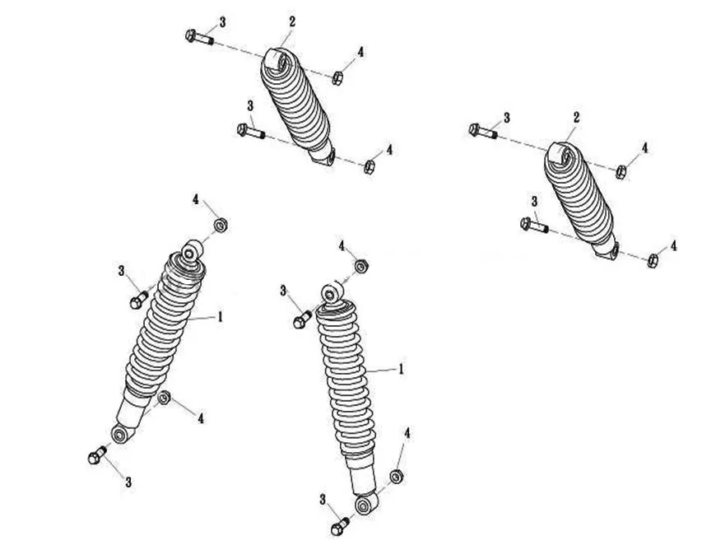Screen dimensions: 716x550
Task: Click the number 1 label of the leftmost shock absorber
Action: pos(220,316)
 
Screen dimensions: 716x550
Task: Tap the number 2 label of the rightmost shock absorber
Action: pos(577,118)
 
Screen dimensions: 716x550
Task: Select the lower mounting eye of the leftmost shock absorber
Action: pos(120,434)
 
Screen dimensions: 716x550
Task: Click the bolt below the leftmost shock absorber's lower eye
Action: pos(97,456)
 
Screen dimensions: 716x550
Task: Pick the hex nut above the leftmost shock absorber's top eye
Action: pos(221,225)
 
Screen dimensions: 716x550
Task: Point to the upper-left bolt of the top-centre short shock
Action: pos(199,37)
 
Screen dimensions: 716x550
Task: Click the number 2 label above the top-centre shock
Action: pos(292,21)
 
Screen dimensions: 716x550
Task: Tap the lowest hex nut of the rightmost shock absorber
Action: pos(653,260)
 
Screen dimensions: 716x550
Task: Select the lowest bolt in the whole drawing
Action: pos(340,526)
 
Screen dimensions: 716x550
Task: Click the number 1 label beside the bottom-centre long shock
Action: pos(402,369)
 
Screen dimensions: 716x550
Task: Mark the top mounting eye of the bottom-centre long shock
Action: pos(332,293)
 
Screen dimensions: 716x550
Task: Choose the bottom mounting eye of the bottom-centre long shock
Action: pos(365,503)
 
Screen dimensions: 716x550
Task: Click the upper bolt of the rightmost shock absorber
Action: pos(482,131)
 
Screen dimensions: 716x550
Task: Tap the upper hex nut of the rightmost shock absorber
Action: pos(621,172)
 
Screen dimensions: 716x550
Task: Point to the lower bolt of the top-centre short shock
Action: pos(251,131)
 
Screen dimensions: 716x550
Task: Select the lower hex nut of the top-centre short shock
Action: pos(370,167)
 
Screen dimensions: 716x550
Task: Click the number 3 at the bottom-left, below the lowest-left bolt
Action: pos(128,482)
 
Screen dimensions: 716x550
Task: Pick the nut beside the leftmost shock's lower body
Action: pos(164,398)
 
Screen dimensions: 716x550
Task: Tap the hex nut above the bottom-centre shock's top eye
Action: pos(361,266)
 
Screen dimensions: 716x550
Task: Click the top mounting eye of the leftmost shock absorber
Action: pos(193,251)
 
